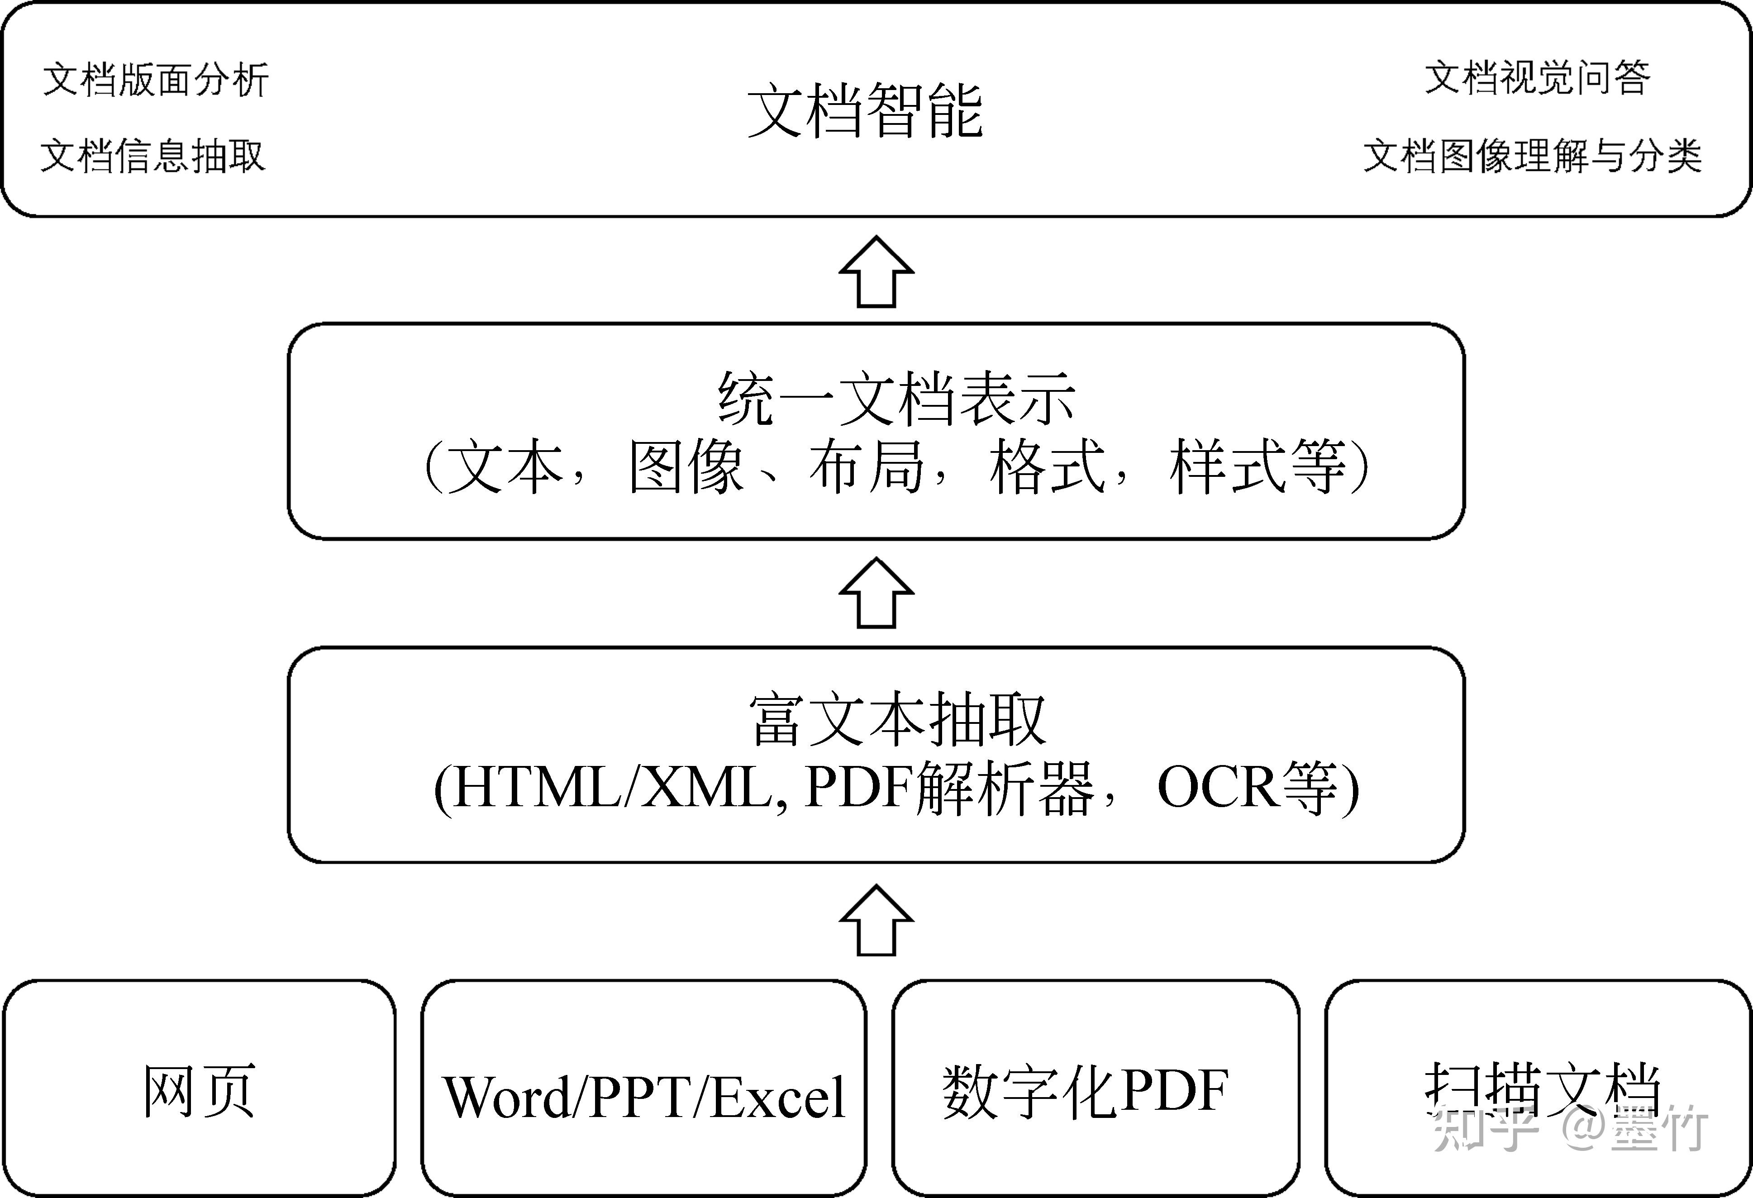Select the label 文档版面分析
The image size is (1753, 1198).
(155, 80)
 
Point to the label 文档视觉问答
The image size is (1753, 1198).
(1537, 78)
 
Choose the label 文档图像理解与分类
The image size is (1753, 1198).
(1533, 156)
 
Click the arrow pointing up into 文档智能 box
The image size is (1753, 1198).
(876, 271)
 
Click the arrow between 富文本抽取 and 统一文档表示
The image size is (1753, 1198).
(876, 593)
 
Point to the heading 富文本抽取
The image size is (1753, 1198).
(897, 720)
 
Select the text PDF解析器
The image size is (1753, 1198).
(949, 788)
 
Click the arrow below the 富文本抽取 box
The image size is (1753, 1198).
(876, 920)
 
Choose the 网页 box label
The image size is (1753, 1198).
(199, 1091)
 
